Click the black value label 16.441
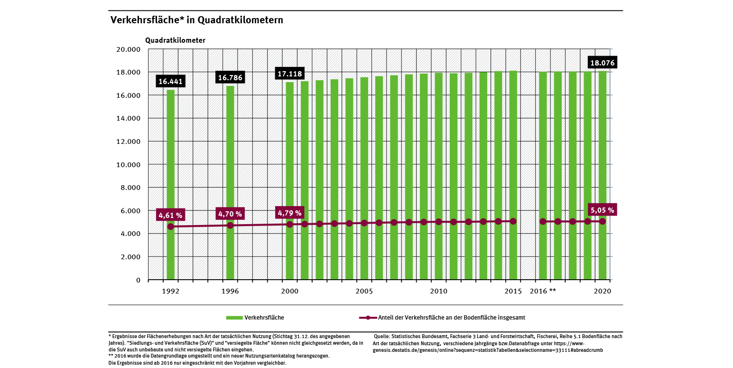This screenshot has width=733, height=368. (170, 82)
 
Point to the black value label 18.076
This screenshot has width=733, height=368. (602, 63)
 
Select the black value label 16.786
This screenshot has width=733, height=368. (230, 77)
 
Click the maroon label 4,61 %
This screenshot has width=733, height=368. (170, 215)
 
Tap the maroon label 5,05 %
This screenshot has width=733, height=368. (602, 209)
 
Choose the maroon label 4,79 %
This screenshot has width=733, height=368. (289, 213)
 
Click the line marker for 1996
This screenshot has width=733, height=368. (230, 225)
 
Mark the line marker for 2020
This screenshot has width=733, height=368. (603, 221)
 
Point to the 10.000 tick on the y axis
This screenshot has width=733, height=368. (128, 164)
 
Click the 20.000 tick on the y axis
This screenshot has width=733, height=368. (128, 49)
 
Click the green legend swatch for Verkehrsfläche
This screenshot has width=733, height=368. (234, 317)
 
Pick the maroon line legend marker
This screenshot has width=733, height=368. (368, 317)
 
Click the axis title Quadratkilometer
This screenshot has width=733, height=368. (175, 40)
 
